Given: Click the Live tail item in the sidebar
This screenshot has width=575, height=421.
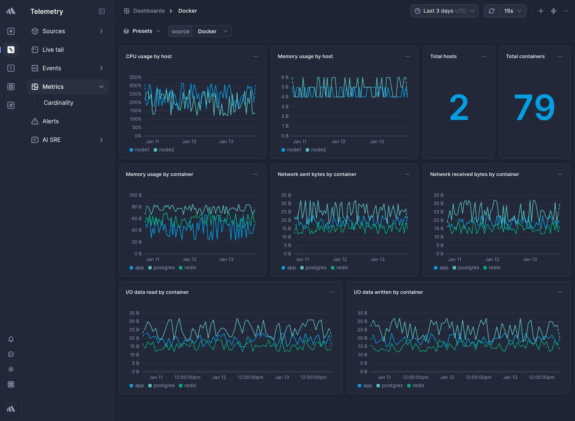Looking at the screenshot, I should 53,50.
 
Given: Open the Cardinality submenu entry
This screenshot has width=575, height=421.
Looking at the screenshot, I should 58,103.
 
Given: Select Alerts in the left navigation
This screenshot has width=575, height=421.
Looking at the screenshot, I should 50,121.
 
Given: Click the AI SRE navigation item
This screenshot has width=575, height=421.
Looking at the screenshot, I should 51,140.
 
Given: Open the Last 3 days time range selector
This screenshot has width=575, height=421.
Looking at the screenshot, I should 444,11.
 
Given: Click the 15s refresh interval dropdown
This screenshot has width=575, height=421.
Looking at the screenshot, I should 513,11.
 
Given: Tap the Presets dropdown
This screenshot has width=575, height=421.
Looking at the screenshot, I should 142,31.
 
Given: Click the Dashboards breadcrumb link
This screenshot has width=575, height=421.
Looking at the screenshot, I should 148,11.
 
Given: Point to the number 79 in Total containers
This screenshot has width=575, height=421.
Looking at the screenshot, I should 534,108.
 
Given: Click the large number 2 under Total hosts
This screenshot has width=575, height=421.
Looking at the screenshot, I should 458,108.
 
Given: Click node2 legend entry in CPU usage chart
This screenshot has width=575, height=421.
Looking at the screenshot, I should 166,150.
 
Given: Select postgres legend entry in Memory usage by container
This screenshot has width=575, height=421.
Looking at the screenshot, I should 163,268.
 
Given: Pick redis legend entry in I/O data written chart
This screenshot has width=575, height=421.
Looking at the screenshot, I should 418,386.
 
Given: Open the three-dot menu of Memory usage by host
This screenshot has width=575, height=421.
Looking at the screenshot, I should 407,56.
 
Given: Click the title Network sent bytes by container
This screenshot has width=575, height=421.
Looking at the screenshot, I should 317,174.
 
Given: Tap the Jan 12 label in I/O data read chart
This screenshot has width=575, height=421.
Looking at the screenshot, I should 219,377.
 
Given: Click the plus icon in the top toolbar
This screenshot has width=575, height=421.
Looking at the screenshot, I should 541,11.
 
